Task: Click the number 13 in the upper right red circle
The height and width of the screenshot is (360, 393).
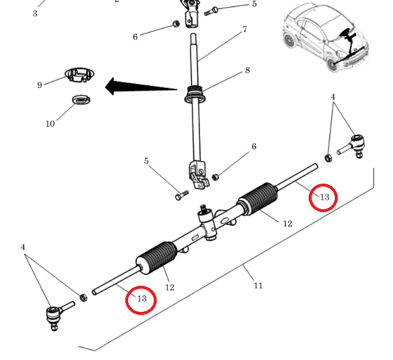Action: tap(324, 197)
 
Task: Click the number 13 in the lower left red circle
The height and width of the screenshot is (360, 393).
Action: tap(141, 299)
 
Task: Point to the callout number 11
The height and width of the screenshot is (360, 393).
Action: tap(258, 286)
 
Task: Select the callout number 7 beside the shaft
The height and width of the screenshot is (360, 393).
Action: tap(244, 29)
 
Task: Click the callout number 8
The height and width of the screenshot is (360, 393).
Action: tap(247, 70)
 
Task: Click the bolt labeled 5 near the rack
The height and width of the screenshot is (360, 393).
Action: tap(181, 194)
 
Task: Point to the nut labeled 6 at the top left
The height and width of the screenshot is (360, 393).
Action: tap(176, 24)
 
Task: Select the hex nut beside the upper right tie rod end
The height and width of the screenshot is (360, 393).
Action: tap(328, 157)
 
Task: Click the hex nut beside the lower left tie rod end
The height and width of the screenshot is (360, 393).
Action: tap(83, 296)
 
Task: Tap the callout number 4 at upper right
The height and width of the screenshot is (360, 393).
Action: tap(333, 97)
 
